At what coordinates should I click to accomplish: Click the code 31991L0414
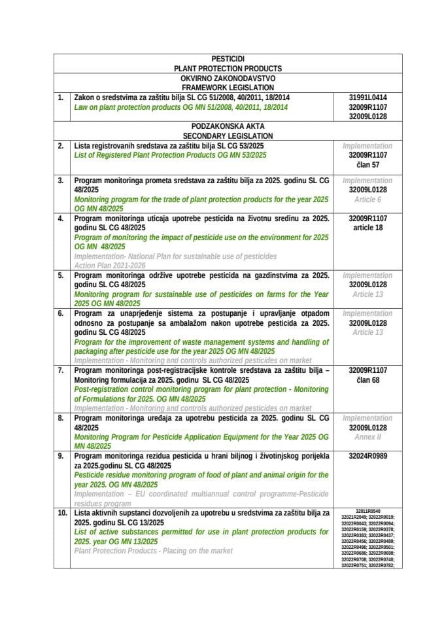[368, 97]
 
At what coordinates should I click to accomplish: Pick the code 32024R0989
[368, 456]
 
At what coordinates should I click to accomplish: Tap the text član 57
[368, 165]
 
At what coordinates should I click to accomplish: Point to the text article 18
[368, 228]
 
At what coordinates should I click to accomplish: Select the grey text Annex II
[368, 437]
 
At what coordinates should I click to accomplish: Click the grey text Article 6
[368, 199]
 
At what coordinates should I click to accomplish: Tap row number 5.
[60, 276]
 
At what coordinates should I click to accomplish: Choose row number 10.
[61, 514]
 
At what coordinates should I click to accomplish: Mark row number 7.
[60, 370]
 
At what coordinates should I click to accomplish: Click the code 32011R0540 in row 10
[368, 511]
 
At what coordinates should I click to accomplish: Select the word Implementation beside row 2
[368, 146]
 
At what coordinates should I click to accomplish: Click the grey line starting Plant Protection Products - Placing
[153, 551]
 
